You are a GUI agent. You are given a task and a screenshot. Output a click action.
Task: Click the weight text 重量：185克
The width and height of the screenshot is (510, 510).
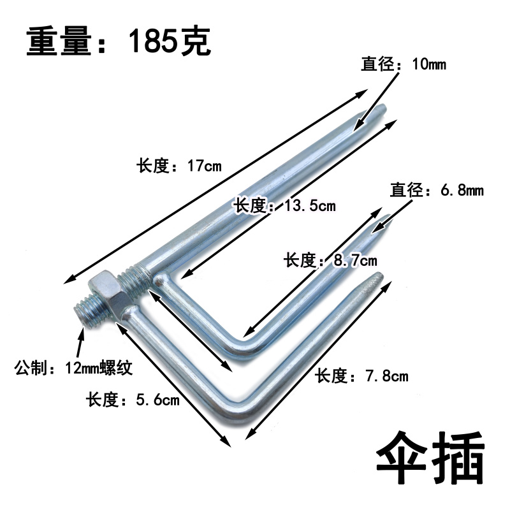(119, 43)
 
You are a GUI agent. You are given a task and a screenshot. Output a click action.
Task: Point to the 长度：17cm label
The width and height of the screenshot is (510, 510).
(178, 166)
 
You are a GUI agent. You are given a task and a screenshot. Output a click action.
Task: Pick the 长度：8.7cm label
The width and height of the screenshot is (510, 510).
(330, 260)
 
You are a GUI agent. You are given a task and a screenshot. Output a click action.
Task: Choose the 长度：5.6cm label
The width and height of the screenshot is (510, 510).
(133, 400)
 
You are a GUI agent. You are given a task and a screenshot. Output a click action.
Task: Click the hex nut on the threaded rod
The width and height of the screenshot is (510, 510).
(103, 293)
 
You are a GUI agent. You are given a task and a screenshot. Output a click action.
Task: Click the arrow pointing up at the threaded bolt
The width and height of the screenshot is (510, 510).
(79, 343)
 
